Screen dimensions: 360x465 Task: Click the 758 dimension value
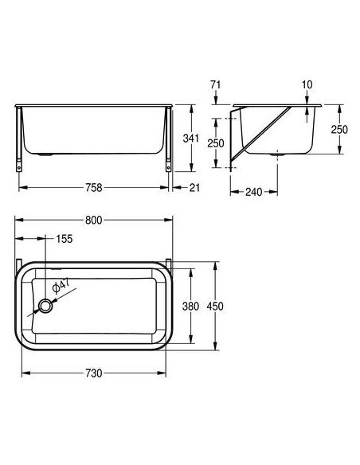coord(93,187)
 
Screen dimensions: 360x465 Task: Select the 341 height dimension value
coord(190,139)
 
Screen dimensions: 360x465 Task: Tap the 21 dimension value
coord(194,187)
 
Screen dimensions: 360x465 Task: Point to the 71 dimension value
coord(216,85)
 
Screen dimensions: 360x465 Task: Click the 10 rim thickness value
coord(307,85)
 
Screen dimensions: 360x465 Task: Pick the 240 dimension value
coord(254,192)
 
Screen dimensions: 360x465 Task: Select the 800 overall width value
coord(93,220)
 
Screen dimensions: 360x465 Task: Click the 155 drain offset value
coord(64,239)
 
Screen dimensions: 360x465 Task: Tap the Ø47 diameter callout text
coord(61,286)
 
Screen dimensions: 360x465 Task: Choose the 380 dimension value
coord(190,306)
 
